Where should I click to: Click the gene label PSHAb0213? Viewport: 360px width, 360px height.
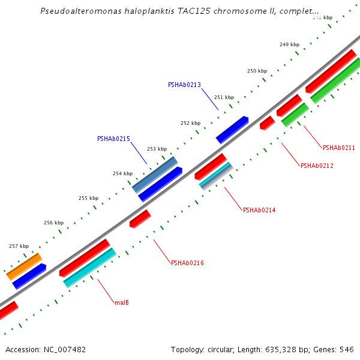click(184, 85)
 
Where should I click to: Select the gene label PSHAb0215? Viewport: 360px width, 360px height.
click(113, 139)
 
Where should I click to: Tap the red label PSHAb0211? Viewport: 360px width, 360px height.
click(339, 148)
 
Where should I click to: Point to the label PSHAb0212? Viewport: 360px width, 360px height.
click(317, 166)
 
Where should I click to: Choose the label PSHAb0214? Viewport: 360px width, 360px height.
click(259, 210)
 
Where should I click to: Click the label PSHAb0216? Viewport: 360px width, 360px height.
click(187, 263)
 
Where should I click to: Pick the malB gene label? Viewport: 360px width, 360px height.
click(121, 302)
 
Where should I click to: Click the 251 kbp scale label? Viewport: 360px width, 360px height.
click(224, 97)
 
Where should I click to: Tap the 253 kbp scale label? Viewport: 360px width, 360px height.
click(157, 149)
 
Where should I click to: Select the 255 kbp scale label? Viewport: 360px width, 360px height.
click(88, 198)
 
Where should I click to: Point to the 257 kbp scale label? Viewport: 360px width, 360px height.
click(19, 246)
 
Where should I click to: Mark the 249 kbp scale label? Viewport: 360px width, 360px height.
click(289, 44)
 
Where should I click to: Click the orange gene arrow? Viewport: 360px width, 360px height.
click(24, 266)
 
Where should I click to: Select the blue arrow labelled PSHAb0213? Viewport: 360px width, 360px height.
click(232, 130)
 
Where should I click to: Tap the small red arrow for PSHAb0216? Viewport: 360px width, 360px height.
click(140, 218)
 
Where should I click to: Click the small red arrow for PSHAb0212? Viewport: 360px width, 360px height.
click(267, 123)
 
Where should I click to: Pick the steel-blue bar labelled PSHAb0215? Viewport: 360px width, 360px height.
click(155, 175)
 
